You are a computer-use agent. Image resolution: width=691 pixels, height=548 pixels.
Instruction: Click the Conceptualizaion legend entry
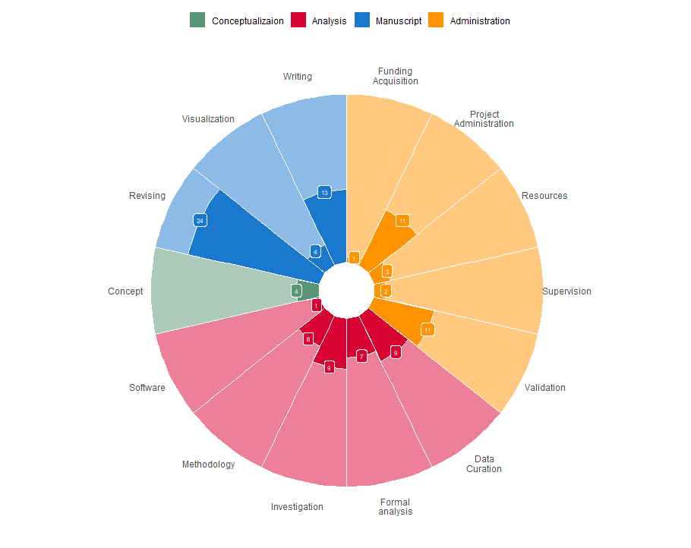tap(248, 21)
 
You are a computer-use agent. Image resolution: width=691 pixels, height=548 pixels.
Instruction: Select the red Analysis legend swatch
tap(299, 21)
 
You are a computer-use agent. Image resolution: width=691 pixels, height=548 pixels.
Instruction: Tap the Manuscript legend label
tap(398, 21)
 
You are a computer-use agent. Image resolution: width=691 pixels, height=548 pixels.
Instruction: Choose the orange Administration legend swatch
tap(437, 21)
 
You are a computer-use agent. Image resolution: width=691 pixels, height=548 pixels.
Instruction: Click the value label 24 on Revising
tap(200, 220)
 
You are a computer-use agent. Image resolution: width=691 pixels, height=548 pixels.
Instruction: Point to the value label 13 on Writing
tap(324, 193)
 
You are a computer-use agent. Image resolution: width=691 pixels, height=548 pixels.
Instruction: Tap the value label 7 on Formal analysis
tap(362, 356)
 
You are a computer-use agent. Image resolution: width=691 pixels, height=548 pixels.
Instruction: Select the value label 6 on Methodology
tap(308, 339)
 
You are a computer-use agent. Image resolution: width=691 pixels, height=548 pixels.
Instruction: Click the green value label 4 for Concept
tap(296, 291)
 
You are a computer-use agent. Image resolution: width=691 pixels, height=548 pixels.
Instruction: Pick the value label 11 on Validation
tap(428, 329)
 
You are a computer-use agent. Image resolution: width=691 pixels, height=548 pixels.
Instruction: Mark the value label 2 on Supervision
tap(386, 291)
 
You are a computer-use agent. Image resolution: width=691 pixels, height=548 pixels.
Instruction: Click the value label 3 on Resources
tap(387, 271)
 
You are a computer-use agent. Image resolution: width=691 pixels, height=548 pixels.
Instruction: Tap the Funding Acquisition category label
tap(395, 76)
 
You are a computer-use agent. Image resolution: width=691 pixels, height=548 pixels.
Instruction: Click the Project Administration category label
tap(484, 118)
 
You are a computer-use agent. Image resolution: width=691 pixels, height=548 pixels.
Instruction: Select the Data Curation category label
tap(484, 464)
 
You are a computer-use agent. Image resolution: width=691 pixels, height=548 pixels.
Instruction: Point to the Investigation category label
tap(297, 506)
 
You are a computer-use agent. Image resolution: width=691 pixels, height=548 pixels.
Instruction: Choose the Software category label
tap(147, 387)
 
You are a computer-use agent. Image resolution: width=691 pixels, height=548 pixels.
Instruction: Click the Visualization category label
tap(208, 119)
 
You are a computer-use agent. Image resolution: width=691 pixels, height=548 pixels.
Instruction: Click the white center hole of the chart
tap(346, 291)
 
